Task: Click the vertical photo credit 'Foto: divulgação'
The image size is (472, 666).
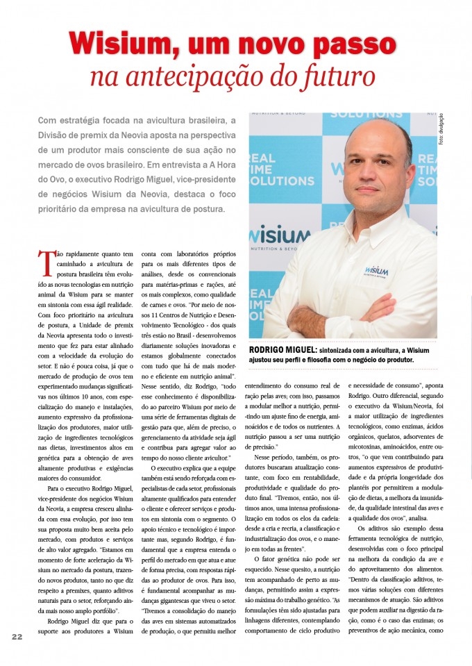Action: coord(440,129)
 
